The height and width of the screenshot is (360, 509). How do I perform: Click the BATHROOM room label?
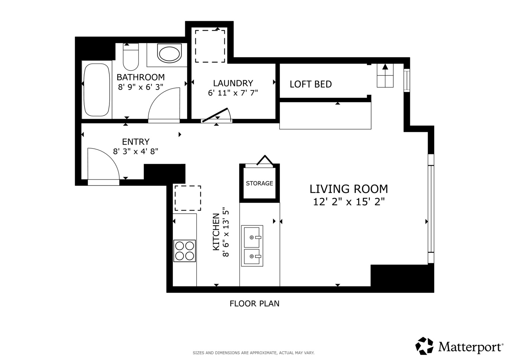[141, 77]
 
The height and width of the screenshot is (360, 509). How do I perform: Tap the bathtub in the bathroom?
[97, 90]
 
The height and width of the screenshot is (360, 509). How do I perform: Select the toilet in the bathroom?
[131, 57]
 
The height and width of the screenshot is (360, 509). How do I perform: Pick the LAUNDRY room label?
[233, 83]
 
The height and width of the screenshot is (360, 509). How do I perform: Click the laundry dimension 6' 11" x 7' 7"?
[233, 93]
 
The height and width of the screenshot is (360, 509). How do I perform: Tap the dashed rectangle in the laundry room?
[210, 46]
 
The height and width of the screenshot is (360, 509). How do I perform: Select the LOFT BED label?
[311, 84]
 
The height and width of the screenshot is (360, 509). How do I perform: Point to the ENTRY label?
[136, 142]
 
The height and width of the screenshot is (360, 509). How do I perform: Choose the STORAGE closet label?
[259, 183]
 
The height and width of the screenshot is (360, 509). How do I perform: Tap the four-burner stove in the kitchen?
[185, 251]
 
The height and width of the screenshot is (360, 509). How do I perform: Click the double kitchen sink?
[252, 246]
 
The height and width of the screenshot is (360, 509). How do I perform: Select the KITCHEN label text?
[216, 232]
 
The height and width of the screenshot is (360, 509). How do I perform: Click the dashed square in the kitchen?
[188, 198]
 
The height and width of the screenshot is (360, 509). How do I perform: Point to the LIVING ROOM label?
[349, 189]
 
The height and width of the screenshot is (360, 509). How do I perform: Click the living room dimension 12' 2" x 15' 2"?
[349, 202]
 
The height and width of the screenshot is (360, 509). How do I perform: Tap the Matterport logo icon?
[424, 346]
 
